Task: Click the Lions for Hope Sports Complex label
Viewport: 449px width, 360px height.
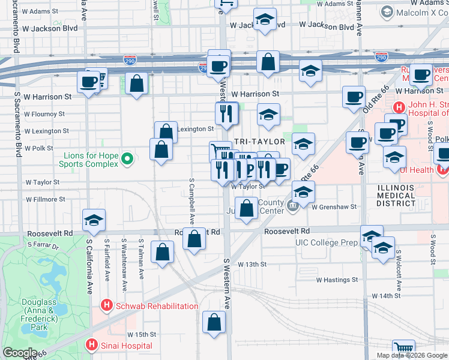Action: click(90, 160)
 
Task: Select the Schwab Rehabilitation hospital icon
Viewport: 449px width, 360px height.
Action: click(107, 306)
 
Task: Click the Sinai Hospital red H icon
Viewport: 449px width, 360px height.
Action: click(91, 345)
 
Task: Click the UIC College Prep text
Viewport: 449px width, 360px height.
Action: click(327, 243)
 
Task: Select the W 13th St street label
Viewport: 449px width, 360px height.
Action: click(252, 264)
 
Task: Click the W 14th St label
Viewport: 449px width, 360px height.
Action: click(385, 296)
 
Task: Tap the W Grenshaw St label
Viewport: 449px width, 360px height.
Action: click(334, 207)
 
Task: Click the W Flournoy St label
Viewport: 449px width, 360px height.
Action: click(44, 113)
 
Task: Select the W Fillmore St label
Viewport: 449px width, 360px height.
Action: click(45, 199)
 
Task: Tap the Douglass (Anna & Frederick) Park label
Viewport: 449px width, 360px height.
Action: click(38, 315)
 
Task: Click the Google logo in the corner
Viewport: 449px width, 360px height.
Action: click(20, 353)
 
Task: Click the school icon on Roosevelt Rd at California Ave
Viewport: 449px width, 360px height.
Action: click(94, 221)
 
